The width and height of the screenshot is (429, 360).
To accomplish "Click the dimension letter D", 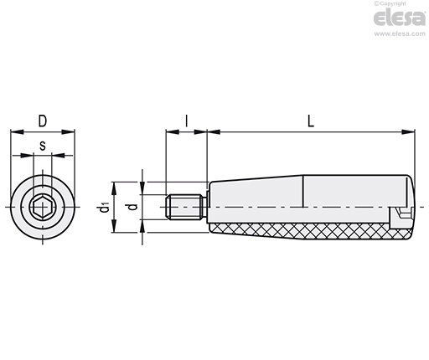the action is [x=43, y=121].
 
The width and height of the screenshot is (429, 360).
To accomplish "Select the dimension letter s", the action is [x=43, y=146].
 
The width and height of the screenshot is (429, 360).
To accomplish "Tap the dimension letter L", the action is [x=311, y=121].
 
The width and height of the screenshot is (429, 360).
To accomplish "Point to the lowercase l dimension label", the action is [x=187, y=121].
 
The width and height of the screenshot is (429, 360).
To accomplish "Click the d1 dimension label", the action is [x=105, y=208].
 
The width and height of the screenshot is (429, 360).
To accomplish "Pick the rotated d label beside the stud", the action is [x=133, y=207].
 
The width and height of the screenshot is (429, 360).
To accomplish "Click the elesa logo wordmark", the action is [x=400, y=18].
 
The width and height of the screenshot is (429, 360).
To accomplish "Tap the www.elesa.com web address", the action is [x=400, y=33].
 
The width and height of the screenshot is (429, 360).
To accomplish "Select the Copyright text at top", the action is [x=390, y=3].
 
